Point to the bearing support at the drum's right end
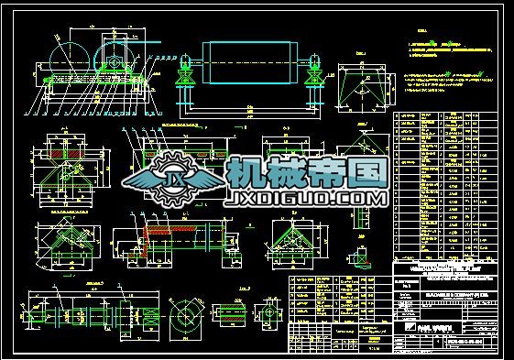click(x=314, y=66)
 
